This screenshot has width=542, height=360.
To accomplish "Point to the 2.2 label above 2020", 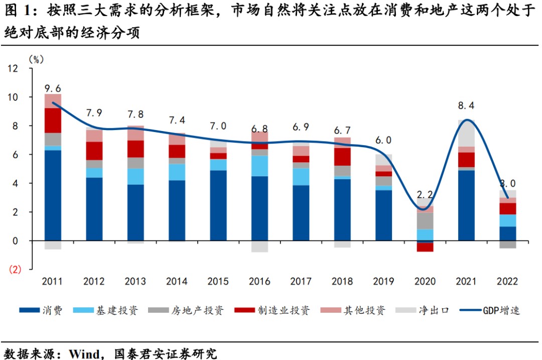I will click(425, 194).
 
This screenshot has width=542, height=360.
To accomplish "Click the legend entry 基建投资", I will click(107, 310).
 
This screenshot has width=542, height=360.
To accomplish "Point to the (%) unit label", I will click(36, 59).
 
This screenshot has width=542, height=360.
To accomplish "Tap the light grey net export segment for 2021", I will click(467, 133).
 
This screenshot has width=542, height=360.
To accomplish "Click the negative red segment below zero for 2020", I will click(426, 247).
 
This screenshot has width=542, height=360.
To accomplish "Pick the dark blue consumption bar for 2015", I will click(218, 205).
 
